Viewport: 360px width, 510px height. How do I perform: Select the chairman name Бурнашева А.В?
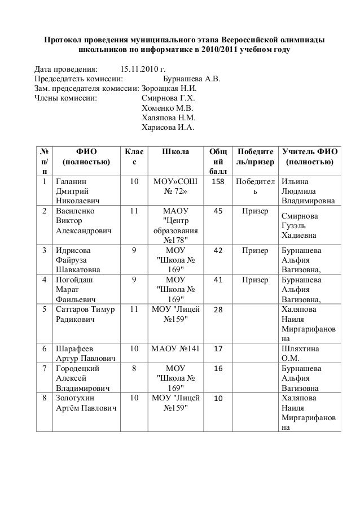tap(191, 79)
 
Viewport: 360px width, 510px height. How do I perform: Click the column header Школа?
tap(175, 151)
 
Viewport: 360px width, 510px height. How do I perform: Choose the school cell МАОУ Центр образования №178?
tap(175, 225)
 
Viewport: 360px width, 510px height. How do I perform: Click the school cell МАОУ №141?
tap(175, 348)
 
